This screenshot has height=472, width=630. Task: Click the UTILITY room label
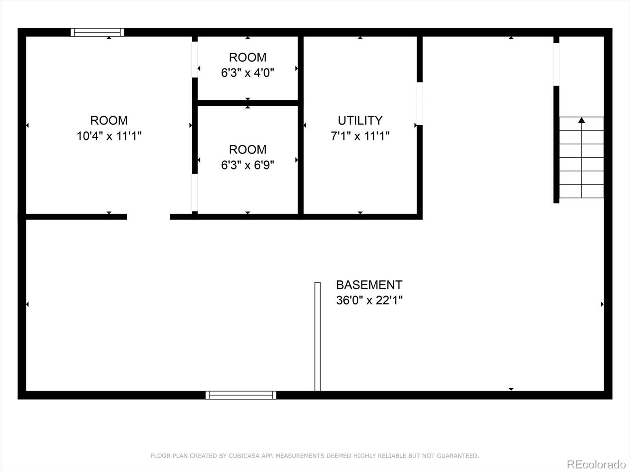[360, 120]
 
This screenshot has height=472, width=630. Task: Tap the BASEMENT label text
[369, 285]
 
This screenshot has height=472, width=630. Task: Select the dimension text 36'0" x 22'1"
[369, 301]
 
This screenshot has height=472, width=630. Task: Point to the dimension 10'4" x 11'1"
[109, 136]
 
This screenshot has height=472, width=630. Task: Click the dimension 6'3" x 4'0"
[247, 73]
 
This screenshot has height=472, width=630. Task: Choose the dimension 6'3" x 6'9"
[247, 165]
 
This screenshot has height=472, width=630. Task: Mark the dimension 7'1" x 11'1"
[360, 136]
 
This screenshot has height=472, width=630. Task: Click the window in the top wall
[97, 32]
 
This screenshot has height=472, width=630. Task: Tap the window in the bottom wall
[241, 395]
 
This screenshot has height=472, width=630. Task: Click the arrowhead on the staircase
[582, 120]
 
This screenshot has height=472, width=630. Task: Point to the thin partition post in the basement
[317, 336]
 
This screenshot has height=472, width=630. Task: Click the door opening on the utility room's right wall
[420, 103]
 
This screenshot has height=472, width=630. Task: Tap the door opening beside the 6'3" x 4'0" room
[195, 60]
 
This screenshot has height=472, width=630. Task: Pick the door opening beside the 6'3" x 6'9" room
[195, 193]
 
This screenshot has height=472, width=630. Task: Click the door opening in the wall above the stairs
[556, 64]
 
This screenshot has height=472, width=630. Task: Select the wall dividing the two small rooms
[248, 103]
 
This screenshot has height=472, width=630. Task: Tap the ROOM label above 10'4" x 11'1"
[109, 120]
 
